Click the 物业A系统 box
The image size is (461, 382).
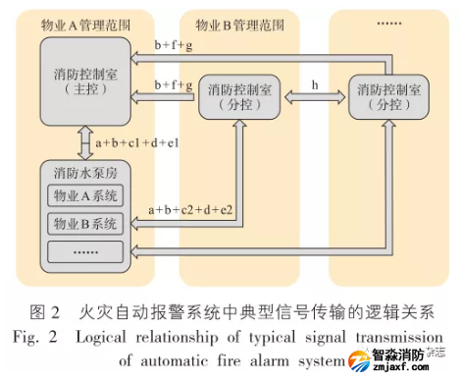tap(84, 195)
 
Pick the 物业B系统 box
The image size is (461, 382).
tap(84, 223)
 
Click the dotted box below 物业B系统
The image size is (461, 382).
tap(84, 250)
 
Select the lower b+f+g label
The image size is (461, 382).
tap(174, 85)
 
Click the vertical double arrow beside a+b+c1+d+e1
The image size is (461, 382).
tap(85, 143)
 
